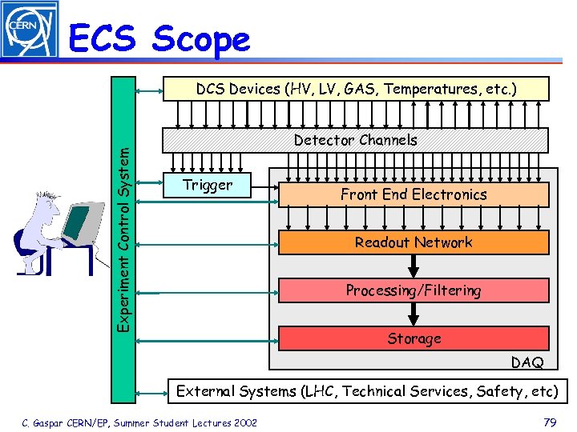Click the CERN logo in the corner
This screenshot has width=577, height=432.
[30, 30]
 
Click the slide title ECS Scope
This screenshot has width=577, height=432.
[159, 38]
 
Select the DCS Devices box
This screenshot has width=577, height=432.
[357, 89]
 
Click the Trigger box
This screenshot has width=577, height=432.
[208, 185]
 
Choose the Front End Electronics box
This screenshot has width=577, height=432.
[413, 194]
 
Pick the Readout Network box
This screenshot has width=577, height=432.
[413, 242]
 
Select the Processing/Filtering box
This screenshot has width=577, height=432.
[413, 290]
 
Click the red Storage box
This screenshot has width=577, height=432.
[413, 338]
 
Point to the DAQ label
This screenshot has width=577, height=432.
[527, 362]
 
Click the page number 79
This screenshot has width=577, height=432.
[549, 422]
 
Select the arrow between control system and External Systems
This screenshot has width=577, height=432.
[150, 392]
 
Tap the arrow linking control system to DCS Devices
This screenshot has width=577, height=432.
[150, 90]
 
